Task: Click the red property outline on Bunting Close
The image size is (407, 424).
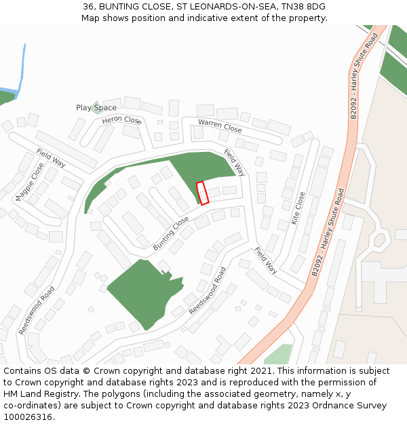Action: pyautogui.click(x=202, y=193)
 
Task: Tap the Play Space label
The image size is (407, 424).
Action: pyautogui.click(x=96, y=108)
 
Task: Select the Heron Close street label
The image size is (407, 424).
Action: pyautogui.click(x=121, y=120)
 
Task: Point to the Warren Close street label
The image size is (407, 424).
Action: pyautogui.click(x=220, y=125)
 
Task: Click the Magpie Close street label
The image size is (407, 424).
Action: pyautogui.click(x=29, y=181)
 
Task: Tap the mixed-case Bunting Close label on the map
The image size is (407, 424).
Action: pyautogui.click(x=170, y=233)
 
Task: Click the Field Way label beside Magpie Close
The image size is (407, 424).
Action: pyautogui.click(x=51, y=158)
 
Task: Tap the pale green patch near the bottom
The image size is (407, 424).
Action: pyautogui.click(x=278, y=355)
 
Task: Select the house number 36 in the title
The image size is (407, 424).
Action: pyautogui.click(x=88, y=6)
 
